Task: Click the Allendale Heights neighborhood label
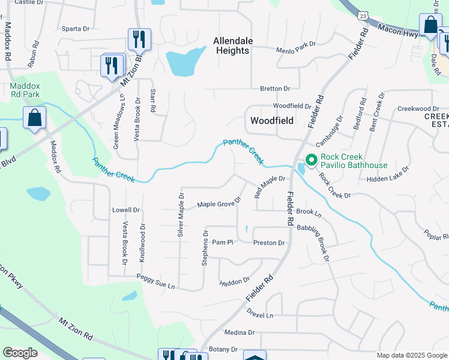(232, 46)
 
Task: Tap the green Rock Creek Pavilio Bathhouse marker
(311, 160)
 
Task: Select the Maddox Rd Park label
(25, 89)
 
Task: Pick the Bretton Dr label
(275, 89)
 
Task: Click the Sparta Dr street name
(75, 28)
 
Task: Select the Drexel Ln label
(260, 314)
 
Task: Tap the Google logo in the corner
(20, 352)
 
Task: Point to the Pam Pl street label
(222, 242)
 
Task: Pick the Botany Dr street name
(223, 349)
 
